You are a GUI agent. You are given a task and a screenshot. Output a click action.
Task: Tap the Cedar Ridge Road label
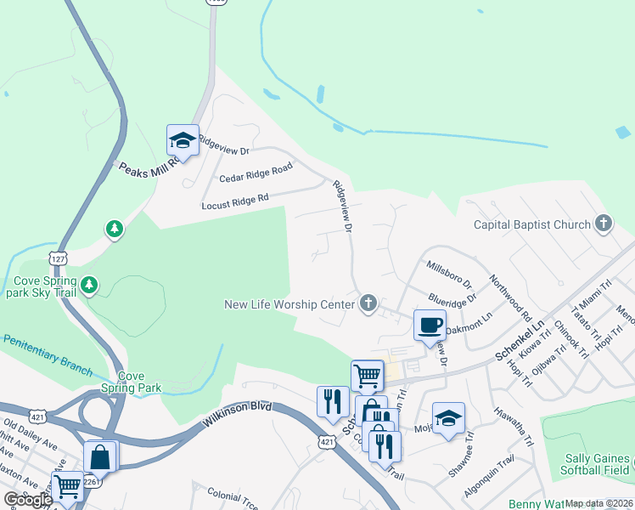[x=256, y=173]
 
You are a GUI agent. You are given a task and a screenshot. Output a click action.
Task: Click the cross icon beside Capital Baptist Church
[x=603, y=224]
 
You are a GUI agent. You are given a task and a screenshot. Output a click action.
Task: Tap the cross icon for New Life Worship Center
[x=368, y=303]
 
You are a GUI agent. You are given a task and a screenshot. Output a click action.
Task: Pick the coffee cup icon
[x=430, y=325]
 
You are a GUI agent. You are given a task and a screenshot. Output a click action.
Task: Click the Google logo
[x=28, y=500]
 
